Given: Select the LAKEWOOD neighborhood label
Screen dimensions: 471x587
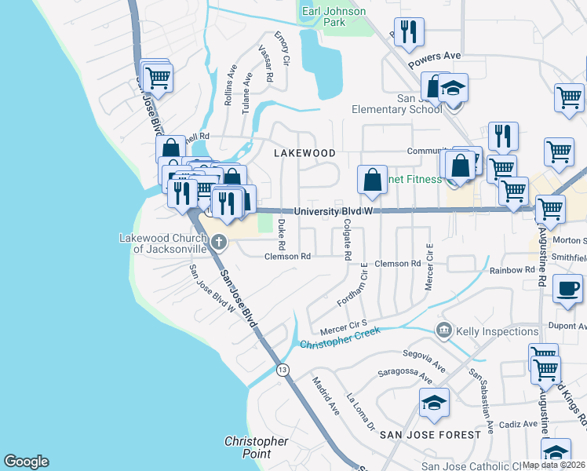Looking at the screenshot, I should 304,153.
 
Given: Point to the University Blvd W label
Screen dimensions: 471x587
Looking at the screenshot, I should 332,211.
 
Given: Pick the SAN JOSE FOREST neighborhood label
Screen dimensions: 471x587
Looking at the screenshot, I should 429,434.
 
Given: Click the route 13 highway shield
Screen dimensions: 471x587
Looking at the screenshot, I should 281,369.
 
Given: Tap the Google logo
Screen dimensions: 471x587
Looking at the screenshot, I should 26,461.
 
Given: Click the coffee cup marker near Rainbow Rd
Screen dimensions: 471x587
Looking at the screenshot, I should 567,288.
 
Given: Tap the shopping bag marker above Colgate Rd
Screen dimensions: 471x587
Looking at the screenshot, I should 372,180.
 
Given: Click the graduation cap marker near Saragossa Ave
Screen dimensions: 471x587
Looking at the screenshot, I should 434,403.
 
